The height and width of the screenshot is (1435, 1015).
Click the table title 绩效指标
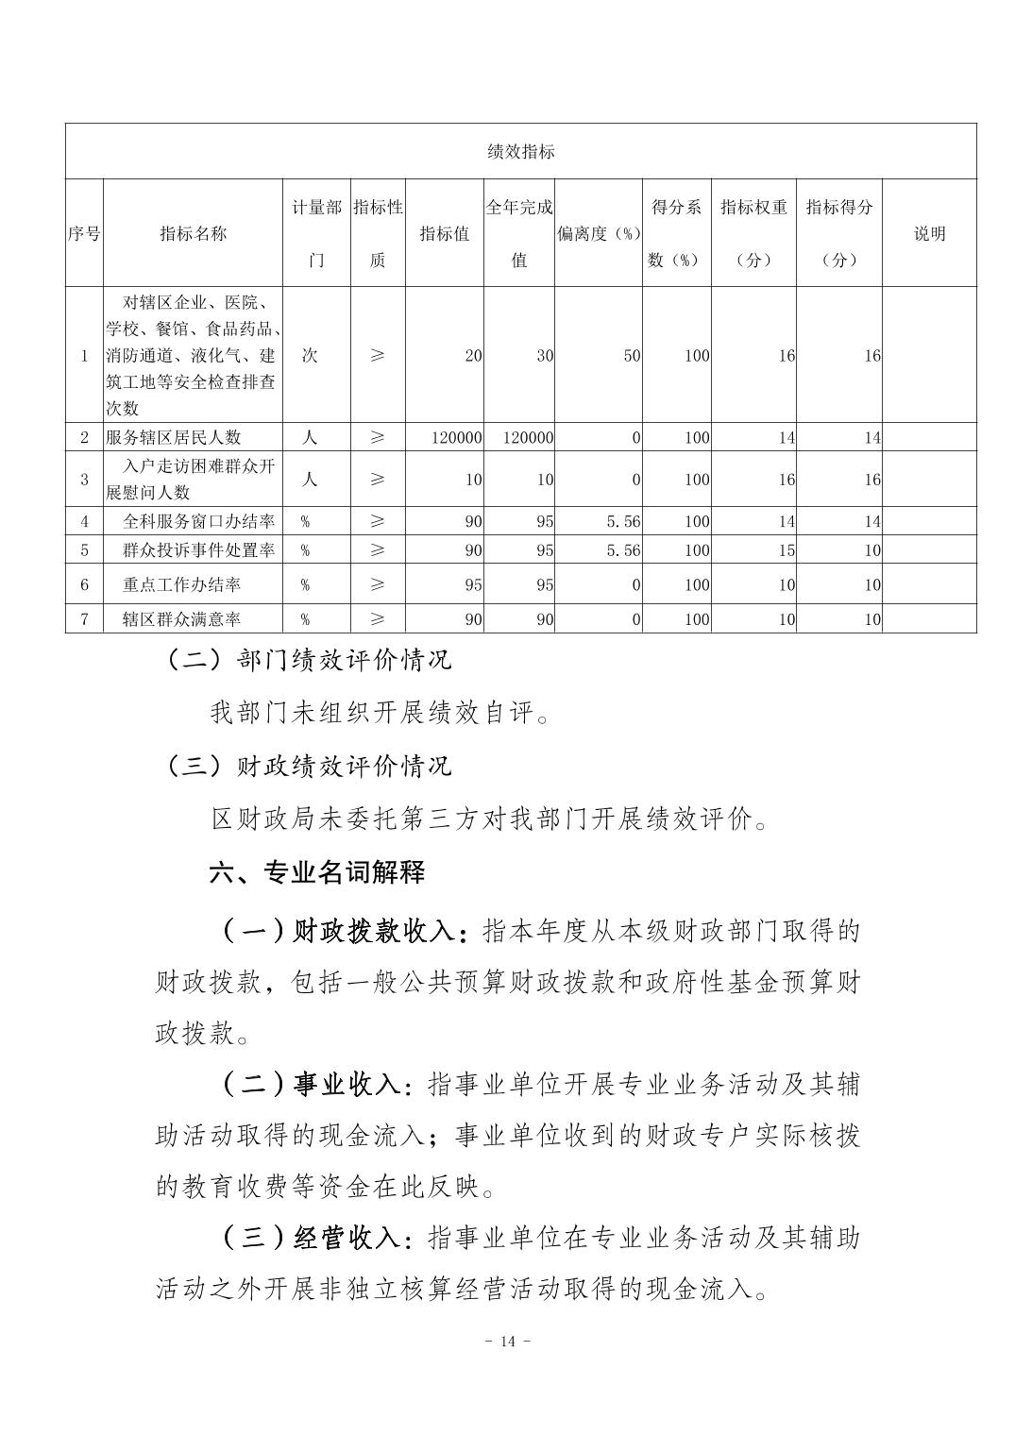click(520, 151)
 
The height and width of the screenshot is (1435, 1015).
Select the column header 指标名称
click(193, 233)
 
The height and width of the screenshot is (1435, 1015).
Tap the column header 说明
click(929, 233)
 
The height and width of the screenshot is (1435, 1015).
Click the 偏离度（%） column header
click(599, 233)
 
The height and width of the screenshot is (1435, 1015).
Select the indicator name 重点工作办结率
click(181, 584)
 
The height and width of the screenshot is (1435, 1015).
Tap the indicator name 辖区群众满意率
click(181, 618)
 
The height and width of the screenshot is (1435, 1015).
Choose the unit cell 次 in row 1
click(309, 356)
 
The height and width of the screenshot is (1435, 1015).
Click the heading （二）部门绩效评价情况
click(308, 659)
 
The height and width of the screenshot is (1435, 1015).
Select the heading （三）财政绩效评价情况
click(308, 765)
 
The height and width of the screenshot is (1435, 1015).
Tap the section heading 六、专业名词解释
click(317, 871)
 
